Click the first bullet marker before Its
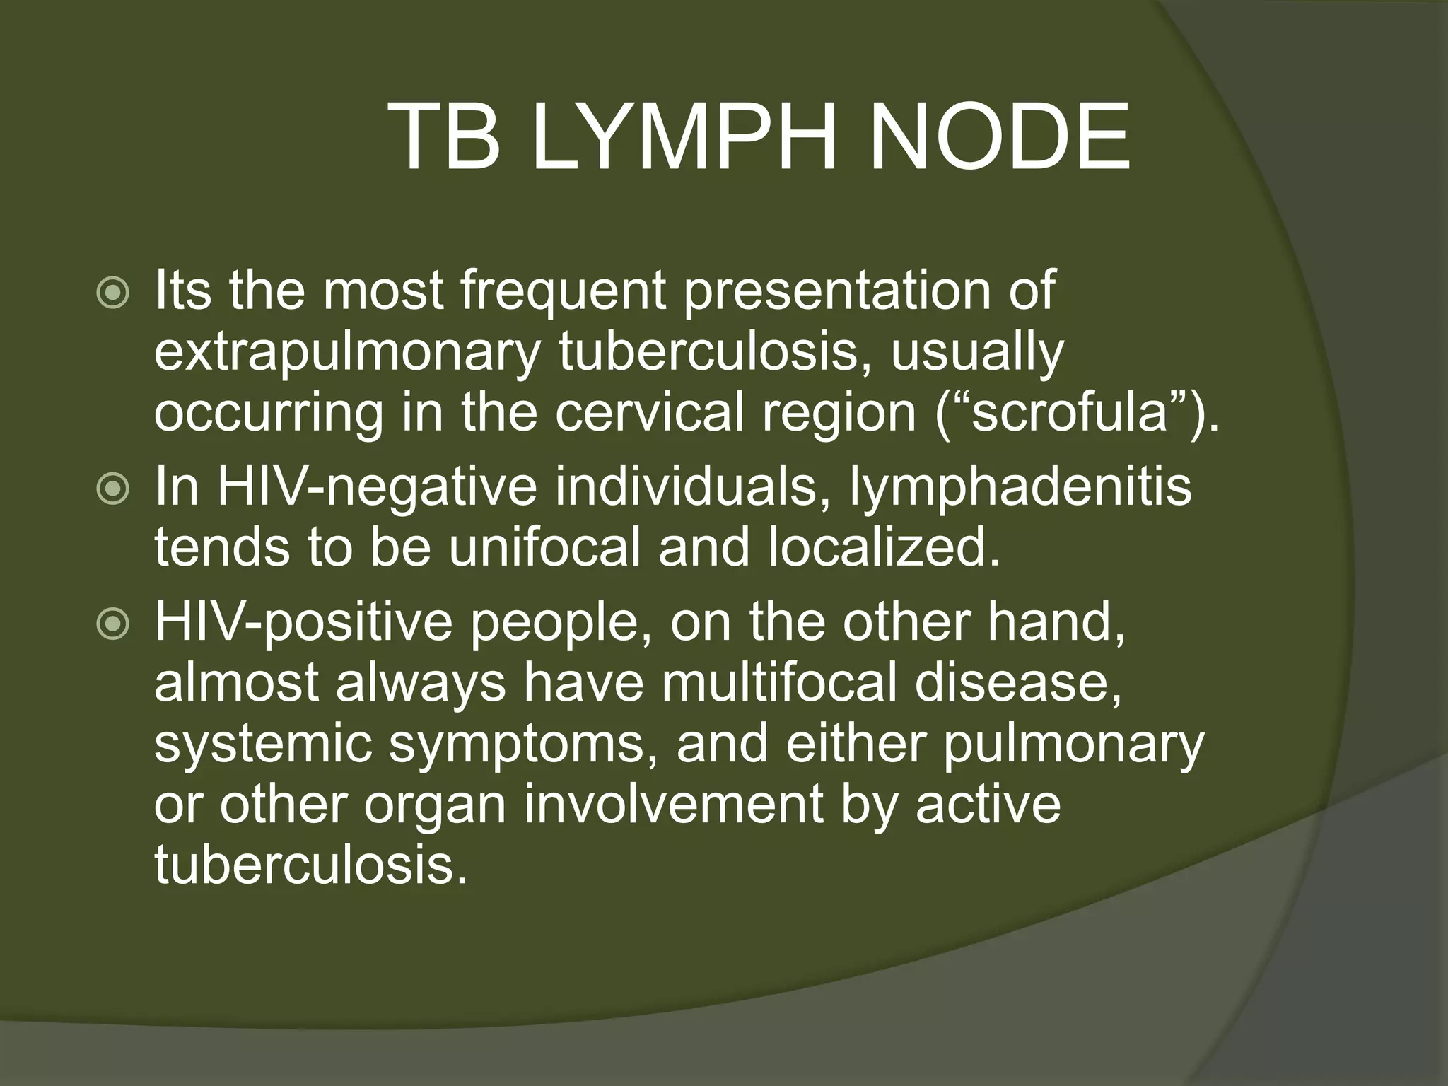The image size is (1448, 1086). click(x=113, y=293)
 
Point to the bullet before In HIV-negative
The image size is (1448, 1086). click(x=113, y=489)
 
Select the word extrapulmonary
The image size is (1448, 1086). click(x=347, y=354)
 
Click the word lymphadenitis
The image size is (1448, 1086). click(x=1020, y=489)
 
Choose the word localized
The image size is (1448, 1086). click(x=884, y=548)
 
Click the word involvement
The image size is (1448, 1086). click(x=674, y=805)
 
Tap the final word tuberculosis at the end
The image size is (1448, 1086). click(x=311, y=865)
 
